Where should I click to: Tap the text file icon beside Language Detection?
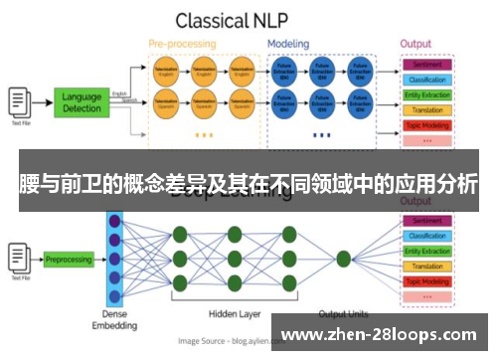[19, 100]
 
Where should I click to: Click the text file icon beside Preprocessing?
[19, 255]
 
